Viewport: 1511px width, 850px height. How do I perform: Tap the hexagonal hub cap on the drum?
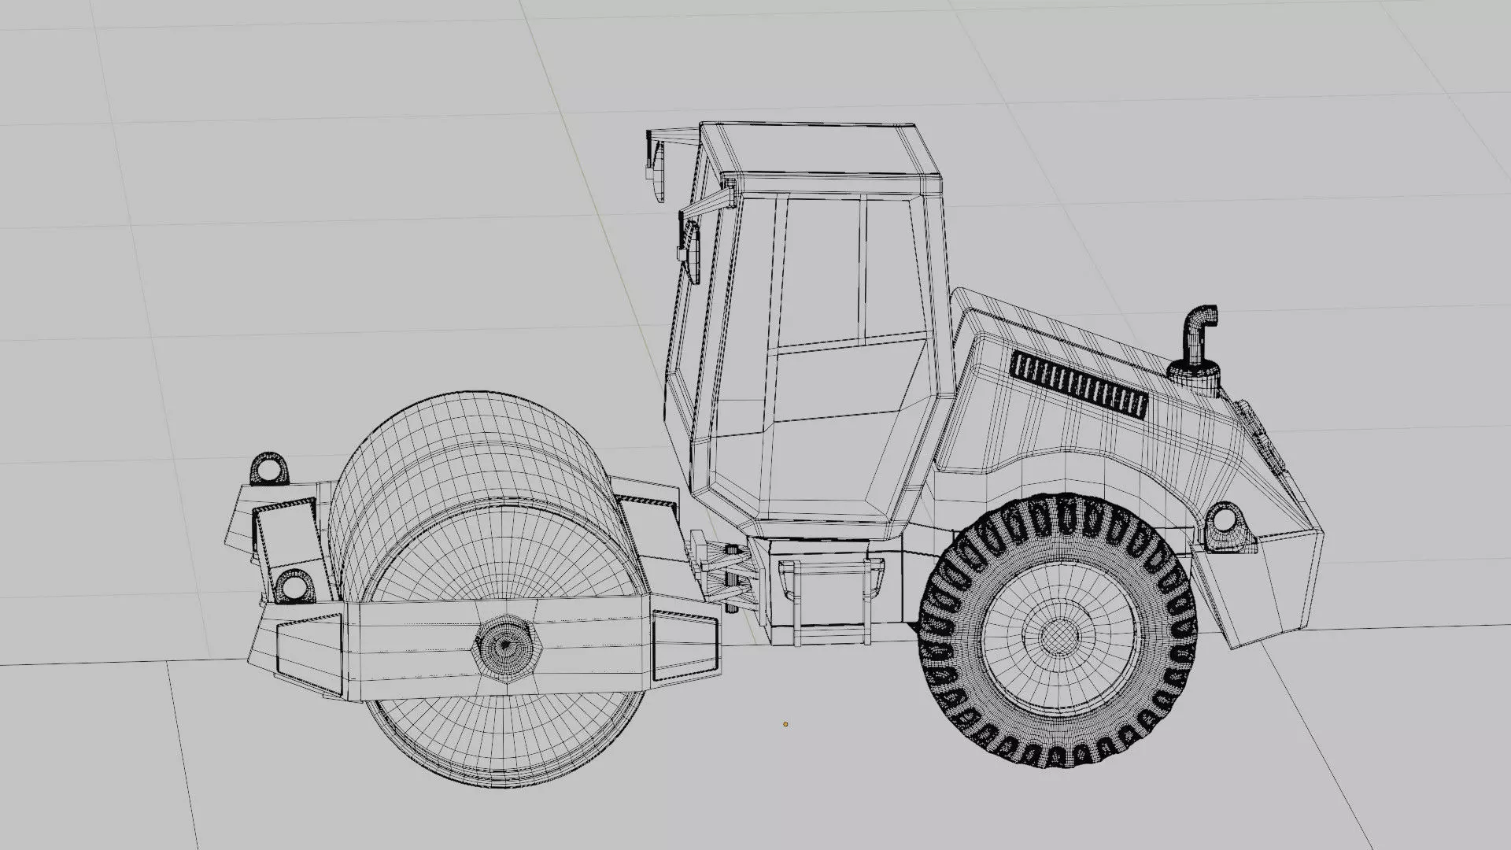[504, 647]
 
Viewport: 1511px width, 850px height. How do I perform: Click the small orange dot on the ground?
[785, 724]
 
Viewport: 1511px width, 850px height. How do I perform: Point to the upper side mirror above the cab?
[655, 169]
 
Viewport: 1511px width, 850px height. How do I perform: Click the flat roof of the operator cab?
[818, 150]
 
